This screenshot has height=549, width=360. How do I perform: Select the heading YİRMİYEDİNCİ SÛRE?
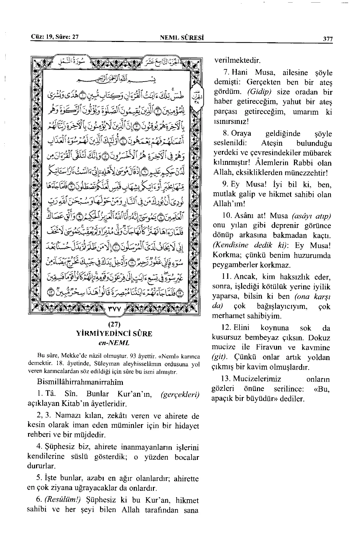coord(114,334)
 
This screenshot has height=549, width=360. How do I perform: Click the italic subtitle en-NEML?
coord(114,343)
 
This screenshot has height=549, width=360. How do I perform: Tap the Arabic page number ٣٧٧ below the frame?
coord(114,310)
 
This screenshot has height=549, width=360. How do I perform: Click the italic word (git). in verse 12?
coord(220,357)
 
